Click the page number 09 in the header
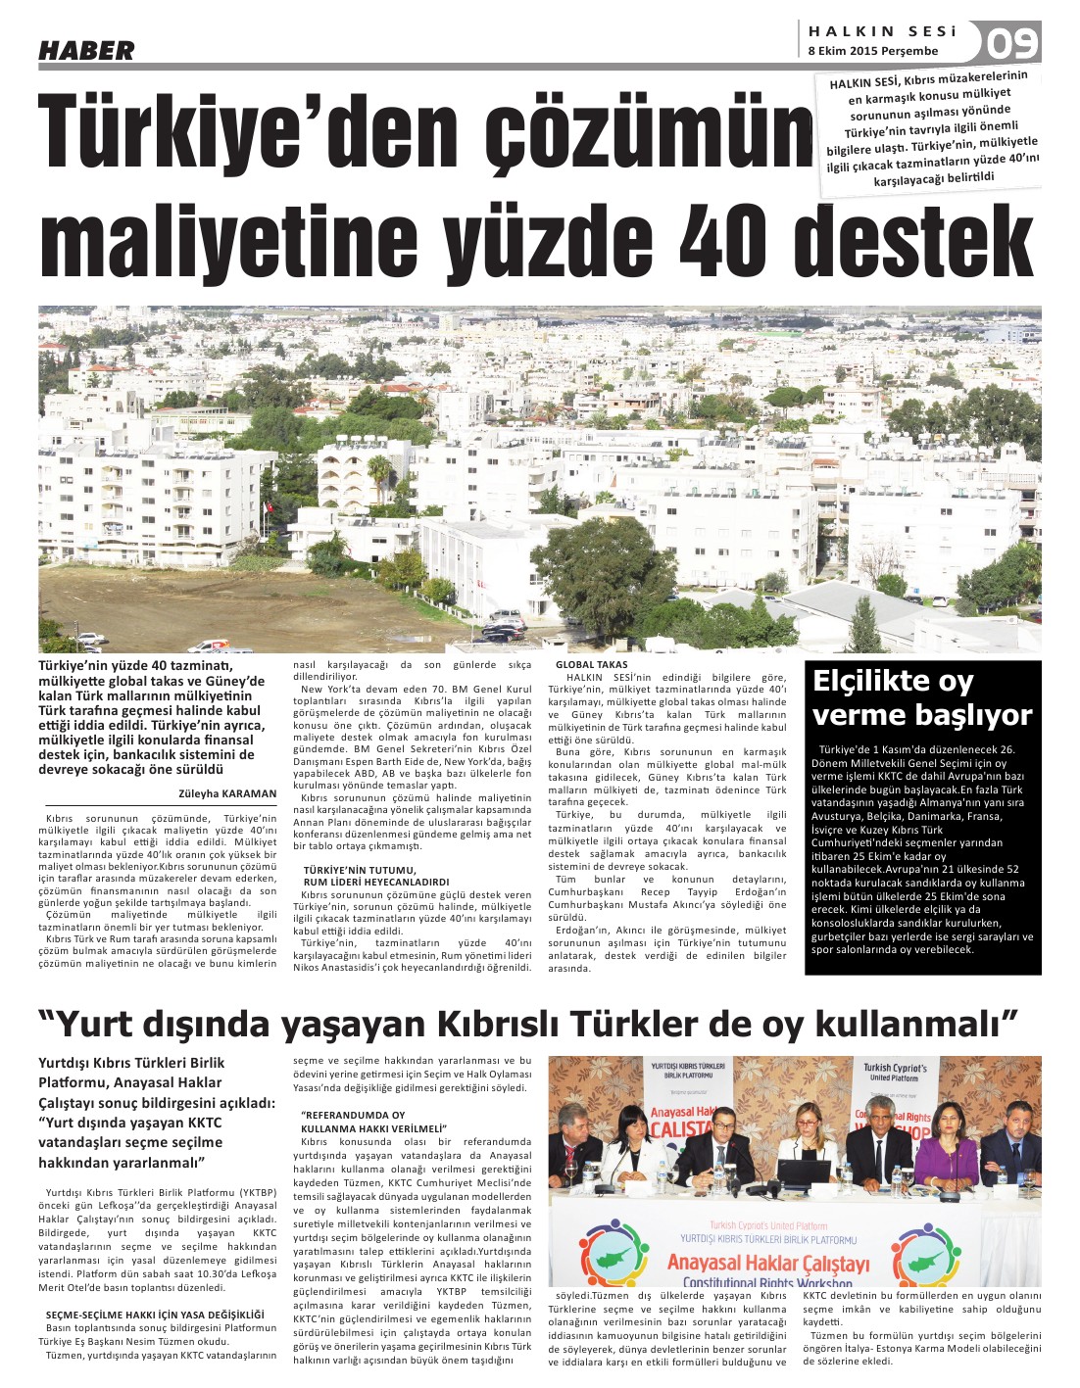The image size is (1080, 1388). tap(1010, 43)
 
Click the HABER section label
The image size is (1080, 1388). tap(86, 50)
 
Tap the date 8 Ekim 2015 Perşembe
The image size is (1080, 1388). tap(872, 51)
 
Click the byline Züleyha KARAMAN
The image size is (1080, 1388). tap(227, 793)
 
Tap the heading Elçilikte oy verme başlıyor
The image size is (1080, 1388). tap(922, 697)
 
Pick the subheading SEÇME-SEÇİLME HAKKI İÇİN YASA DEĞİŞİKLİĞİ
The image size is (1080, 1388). tap(156, 1314)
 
